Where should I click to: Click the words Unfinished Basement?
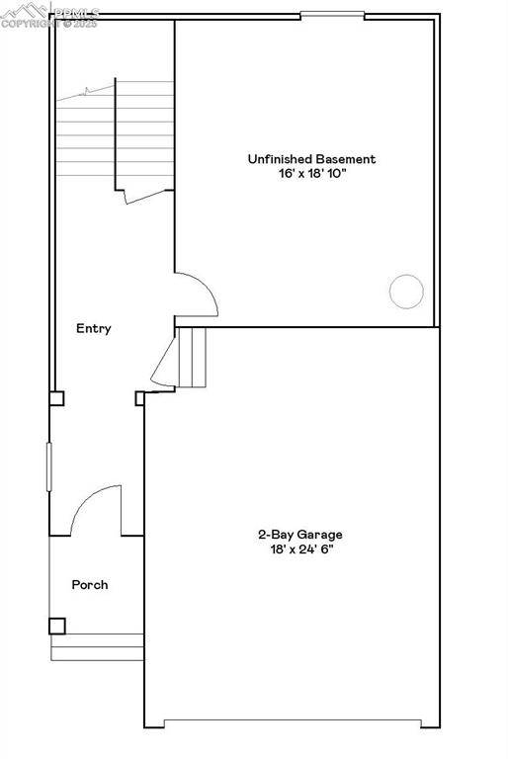pyautogui.click(x=310, y=158)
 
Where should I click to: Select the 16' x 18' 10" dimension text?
pyautogui.click(x=310, y=174)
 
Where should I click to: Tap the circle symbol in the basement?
pyautogui.click(x=406, y=291)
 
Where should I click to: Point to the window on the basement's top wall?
pyautogui.click(x=332, y=15)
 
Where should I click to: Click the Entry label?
pyautogui.click(x=94, y=329)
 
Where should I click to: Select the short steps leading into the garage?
pyautogui.click(x=192, y=357)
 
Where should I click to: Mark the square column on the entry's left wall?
pyautogui.click(x=57, y=399)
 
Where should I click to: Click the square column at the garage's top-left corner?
pyautogui.click(x=140, y=398)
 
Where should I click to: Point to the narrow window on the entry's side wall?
pyautogui.click(x=48, y=465)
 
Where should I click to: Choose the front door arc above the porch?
pyautogui.click(x=97, y=509)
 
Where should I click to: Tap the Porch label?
pyautogui.click(x=90, y=585)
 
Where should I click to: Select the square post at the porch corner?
pyautogui.click(x=57, y=626)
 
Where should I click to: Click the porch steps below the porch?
pyautogui.click(x=97, y=647)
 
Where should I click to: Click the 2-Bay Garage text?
pyautogui.click(x=300, y=535)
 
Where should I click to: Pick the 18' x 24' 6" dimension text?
pyautogui.click(x=300, y=549)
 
